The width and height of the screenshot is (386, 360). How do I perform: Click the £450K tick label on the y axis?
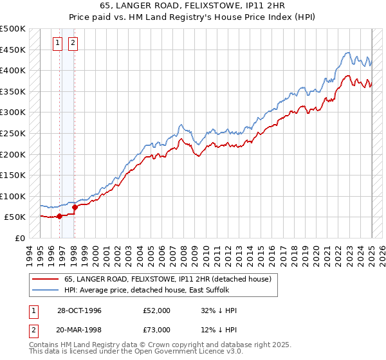[x=13, y=50]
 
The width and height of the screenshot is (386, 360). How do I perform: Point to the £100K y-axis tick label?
[x=13, y=196]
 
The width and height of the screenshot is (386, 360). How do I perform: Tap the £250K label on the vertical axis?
[x=13, y=133]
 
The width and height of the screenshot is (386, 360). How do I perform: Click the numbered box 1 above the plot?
[x=57, y=43]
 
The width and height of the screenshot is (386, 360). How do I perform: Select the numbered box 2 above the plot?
[x=73, y=43]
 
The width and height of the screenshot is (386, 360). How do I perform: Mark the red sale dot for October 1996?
[x=59, y=216]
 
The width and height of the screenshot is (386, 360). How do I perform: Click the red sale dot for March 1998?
[x=75, y=207]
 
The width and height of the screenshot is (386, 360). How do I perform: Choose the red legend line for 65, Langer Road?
[x=46, y=279]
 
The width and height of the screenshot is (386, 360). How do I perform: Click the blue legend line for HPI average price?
[x=46, y=290]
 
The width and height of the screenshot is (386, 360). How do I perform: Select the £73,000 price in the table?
[x=157, y=330]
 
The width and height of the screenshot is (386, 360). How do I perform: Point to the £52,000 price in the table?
[x=157, y=310]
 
